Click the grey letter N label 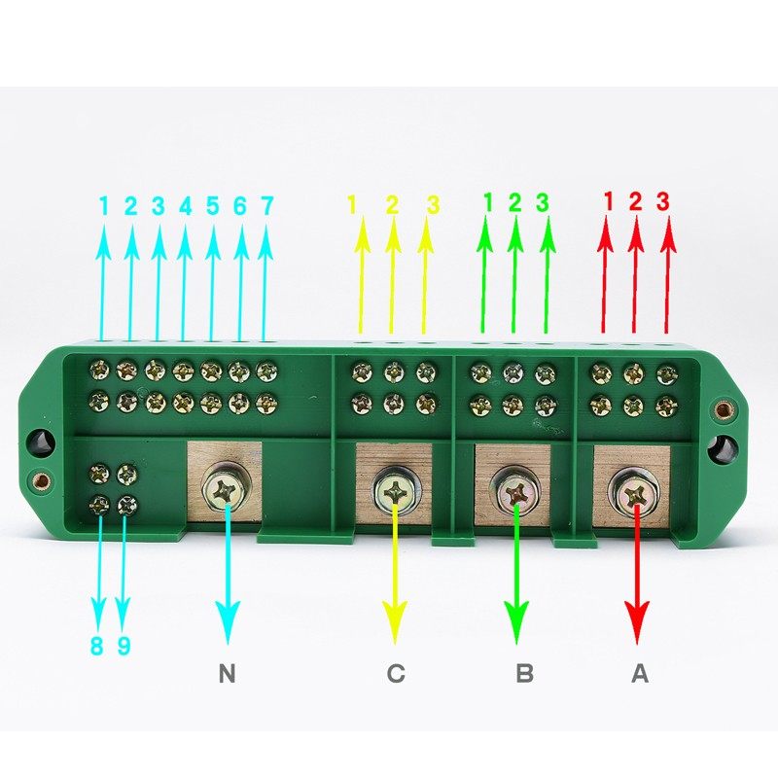pos(228,673)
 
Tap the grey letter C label pos(395,673)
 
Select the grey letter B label pos(523,673)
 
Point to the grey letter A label pos(640,673)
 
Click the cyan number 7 pos(267,206)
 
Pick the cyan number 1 pos(103,206)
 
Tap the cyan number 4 pos(185,206)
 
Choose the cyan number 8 pos(97,647)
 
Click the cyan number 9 pos(124,647)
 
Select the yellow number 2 pos(392,205)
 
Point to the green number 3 pos(543,202)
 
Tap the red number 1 pos(609,201)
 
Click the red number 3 pos(663,201)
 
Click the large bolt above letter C pos(395,492)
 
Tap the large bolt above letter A pos(632,492)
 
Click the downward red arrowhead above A pos(637,620)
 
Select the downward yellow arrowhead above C pos(395,620)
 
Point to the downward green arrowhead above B pos(516,620)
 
